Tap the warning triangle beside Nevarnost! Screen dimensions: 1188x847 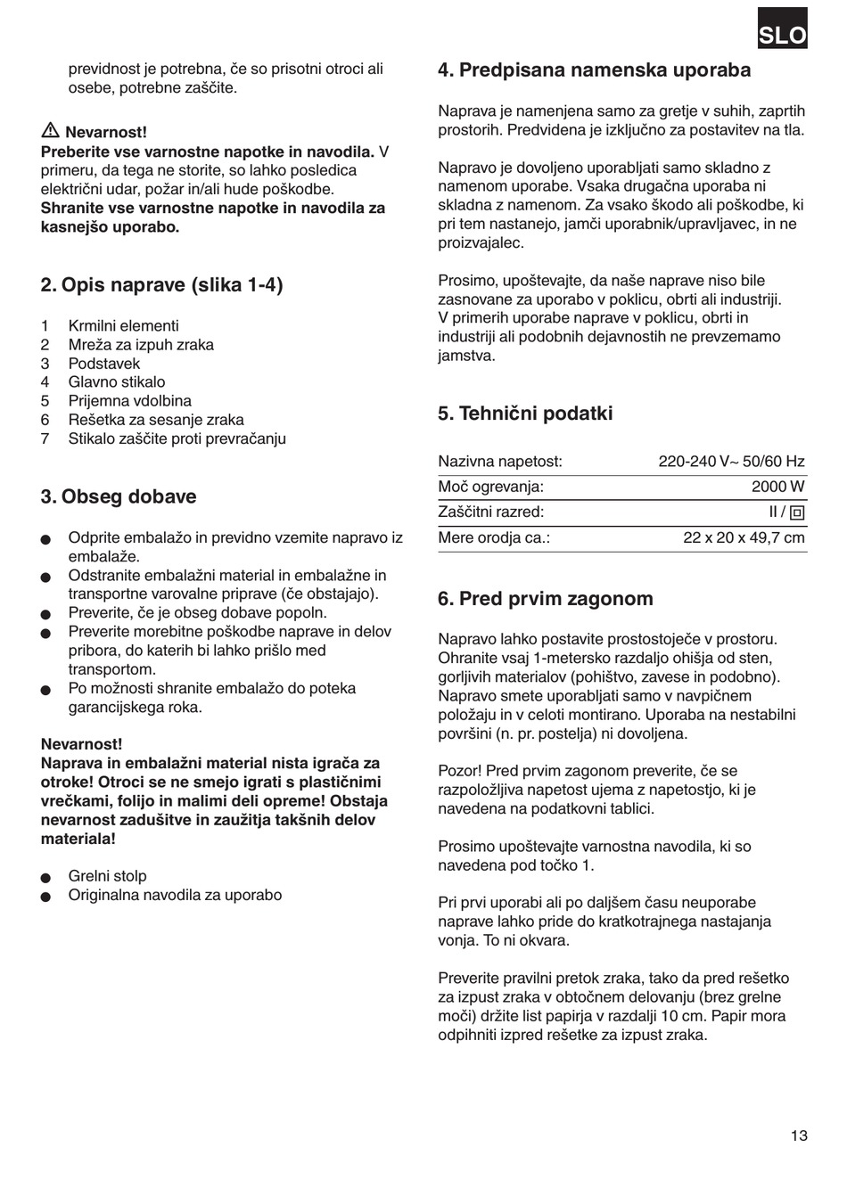click(x=50, y=131)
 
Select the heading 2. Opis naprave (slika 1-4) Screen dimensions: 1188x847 click(x=161, y=285)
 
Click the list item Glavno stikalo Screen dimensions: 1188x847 click(x=117, y=382)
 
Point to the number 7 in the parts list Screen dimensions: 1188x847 click(x=45, y=438)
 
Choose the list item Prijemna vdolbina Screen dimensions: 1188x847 click(x=130, y=401)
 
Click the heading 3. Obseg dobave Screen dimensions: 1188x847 click(x=119, y=496)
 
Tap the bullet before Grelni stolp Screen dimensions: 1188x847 click(x=46, y=877)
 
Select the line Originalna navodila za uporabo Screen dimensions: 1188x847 click(x=175, y=895)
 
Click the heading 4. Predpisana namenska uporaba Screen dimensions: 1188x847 click(x=595, y=70)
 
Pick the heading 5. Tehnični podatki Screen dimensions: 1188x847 click(x=525, y=414)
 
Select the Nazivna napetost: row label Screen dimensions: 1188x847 click(x=500, y=462)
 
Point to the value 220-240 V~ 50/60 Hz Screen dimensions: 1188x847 click(x=731, y=462)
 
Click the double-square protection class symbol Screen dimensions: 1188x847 click(x=797, y=512)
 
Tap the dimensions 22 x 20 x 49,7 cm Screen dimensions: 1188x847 click(x=744, y=537)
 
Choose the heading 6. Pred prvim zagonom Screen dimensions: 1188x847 click(x=546, y=599)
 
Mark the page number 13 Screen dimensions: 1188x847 click(x=798, y=1135)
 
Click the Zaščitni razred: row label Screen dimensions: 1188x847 click(x=490, y=512)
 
